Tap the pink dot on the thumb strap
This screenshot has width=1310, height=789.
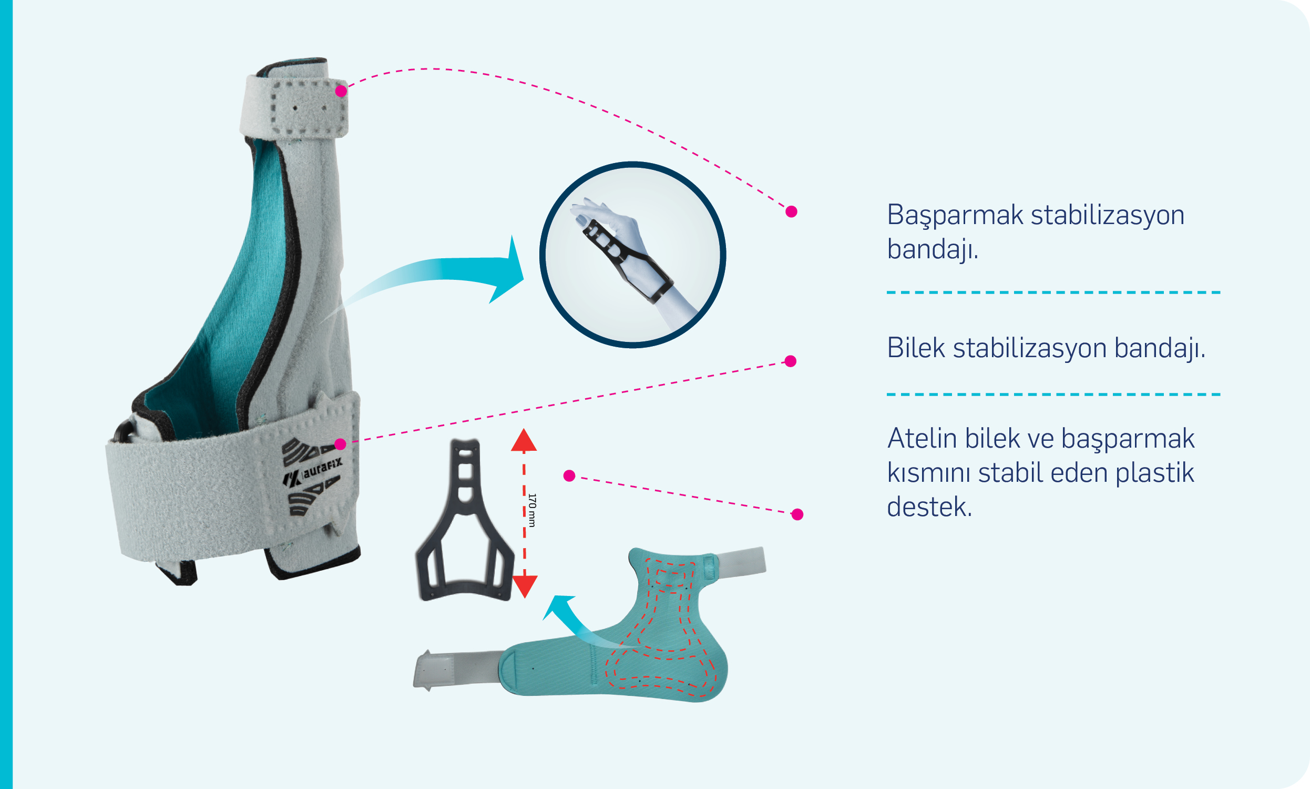(x=341, y=91)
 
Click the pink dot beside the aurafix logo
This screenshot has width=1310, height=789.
(x=341, y=444)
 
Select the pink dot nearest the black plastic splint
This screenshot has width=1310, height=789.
(x=569, y=476)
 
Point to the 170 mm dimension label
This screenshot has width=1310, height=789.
(x=533, y=510)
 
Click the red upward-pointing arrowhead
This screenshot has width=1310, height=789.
(x=524, y=440)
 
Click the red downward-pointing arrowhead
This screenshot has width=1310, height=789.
(x=524, y=586)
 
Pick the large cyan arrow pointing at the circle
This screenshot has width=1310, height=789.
(x=441, y=269)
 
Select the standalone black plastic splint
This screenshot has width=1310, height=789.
(x=465, y=520)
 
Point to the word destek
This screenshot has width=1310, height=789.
(x=929, y=507)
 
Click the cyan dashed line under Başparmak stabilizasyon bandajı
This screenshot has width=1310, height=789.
(x=1053, y=292)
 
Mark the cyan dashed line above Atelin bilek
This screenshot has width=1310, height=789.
(x=1053, y=394)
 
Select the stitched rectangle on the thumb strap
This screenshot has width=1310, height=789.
(x=309, y=107)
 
